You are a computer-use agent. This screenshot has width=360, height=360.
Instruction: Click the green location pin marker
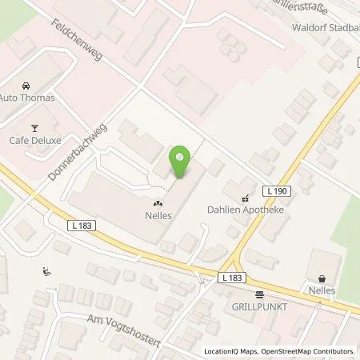pyautogui.click(x=181, y=161)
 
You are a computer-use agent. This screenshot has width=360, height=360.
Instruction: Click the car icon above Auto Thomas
pyautogui.click(x=27, y=86)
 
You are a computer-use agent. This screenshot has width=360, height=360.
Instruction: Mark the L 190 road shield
pyautogui.click(x=277, y=190)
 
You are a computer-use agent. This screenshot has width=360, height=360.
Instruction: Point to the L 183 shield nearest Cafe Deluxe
pyautogui.click(x=82, y=226)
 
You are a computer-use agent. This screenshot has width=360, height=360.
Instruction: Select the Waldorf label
pyautogui.click(x=307, y=25)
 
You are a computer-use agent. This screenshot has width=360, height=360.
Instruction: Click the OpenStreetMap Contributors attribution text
pyautogui.click(x=309, y=351)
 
